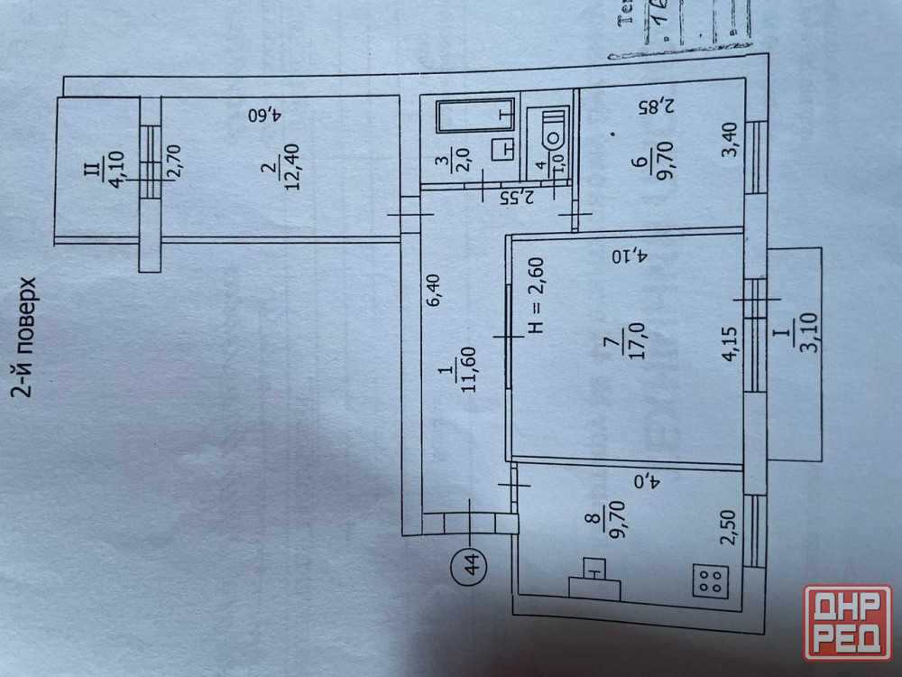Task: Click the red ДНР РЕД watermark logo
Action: pos(847,622)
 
